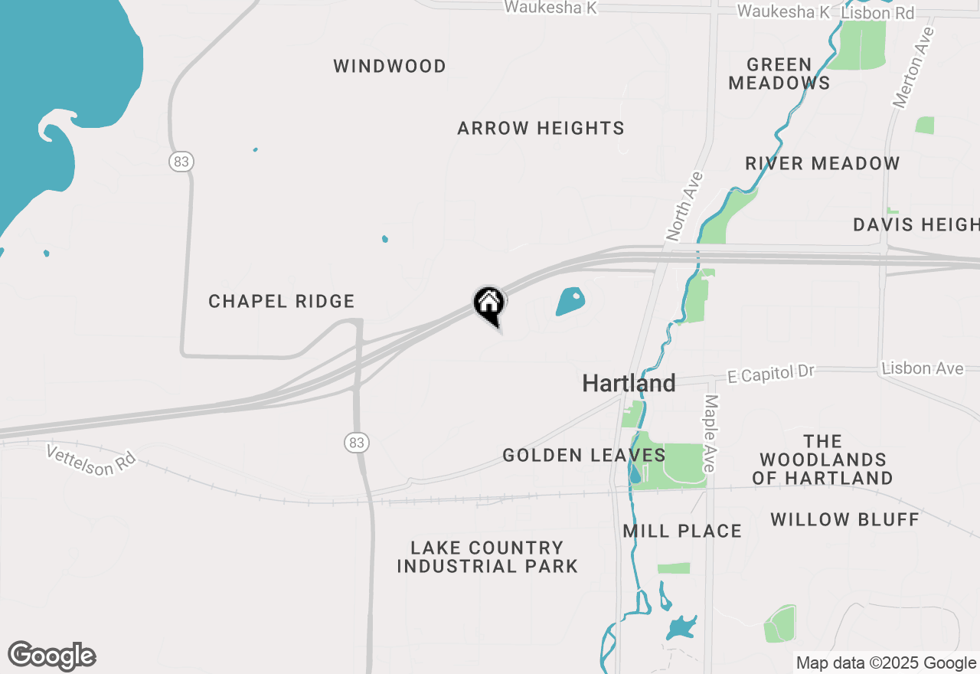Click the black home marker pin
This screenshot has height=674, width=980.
[489, 304]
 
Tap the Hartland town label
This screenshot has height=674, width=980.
[629, 383]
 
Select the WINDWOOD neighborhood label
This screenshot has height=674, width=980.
[390, 67]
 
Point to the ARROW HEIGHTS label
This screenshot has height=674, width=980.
[541, 129]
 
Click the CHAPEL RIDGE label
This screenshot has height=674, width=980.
[282, 302]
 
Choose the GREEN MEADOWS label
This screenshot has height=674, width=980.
[779, 74]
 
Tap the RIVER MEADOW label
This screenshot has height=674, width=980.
[822, 163]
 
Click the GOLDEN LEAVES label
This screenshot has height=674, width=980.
[583, 456]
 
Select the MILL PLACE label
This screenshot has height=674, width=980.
[682, 531]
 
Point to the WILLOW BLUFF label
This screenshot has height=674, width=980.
[844, 519]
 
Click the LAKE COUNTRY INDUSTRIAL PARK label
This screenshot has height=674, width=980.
[487, 557]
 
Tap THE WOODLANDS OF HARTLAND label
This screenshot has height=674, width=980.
[822, 460]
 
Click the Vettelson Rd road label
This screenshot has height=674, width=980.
[90, 460]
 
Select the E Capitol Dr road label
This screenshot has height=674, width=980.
[771, 373]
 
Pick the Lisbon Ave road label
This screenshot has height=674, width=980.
[922, 368]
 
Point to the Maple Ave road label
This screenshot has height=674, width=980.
[711, 433]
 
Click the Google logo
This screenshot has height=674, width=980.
[52, 656]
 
